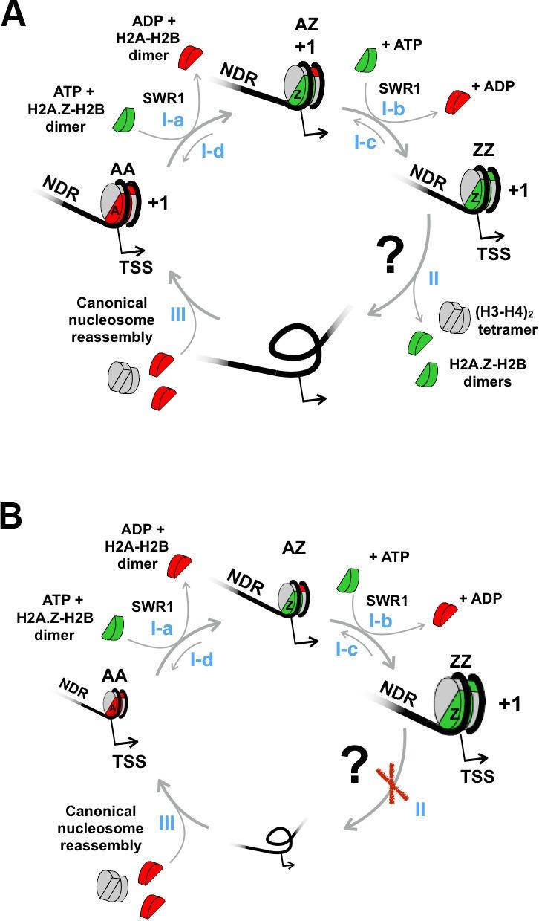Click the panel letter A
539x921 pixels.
(16, 15)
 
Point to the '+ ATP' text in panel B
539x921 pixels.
(389, 556)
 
